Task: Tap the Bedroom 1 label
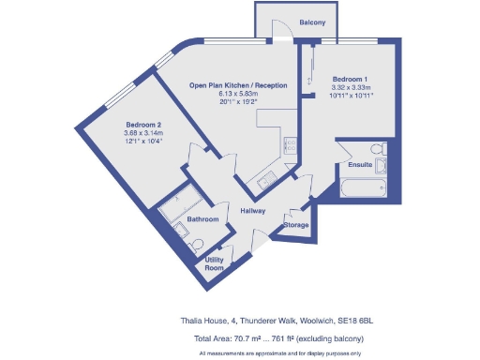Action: (350, 79)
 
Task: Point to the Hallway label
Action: (252, 211)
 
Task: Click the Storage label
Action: (296, 225)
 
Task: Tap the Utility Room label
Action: (214, 263)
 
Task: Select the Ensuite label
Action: (359, 165)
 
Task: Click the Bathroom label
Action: (202, 219)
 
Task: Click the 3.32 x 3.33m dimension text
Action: (350, 87)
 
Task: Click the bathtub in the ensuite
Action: (360, 188)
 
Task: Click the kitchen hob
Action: (290, 144)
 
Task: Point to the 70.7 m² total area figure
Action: (247, 337)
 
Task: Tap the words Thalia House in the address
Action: (202, 321)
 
